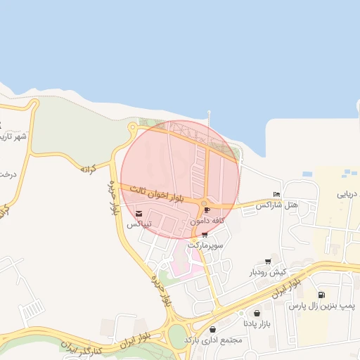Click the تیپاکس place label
pos(139,225)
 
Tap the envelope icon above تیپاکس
pos(139,214)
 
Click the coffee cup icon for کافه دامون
pos(207,210)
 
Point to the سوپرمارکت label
pos(205,246)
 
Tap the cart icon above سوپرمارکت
pos(205,236)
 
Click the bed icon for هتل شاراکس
pos(276,195)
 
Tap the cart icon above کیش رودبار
pos(268,262)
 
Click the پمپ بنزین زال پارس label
pos(323,307)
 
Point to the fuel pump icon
pos(322,295)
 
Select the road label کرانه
pos(88,169)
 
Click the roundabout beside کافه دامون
pos(205,203)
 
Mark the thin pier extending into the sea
pos(209,118)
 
